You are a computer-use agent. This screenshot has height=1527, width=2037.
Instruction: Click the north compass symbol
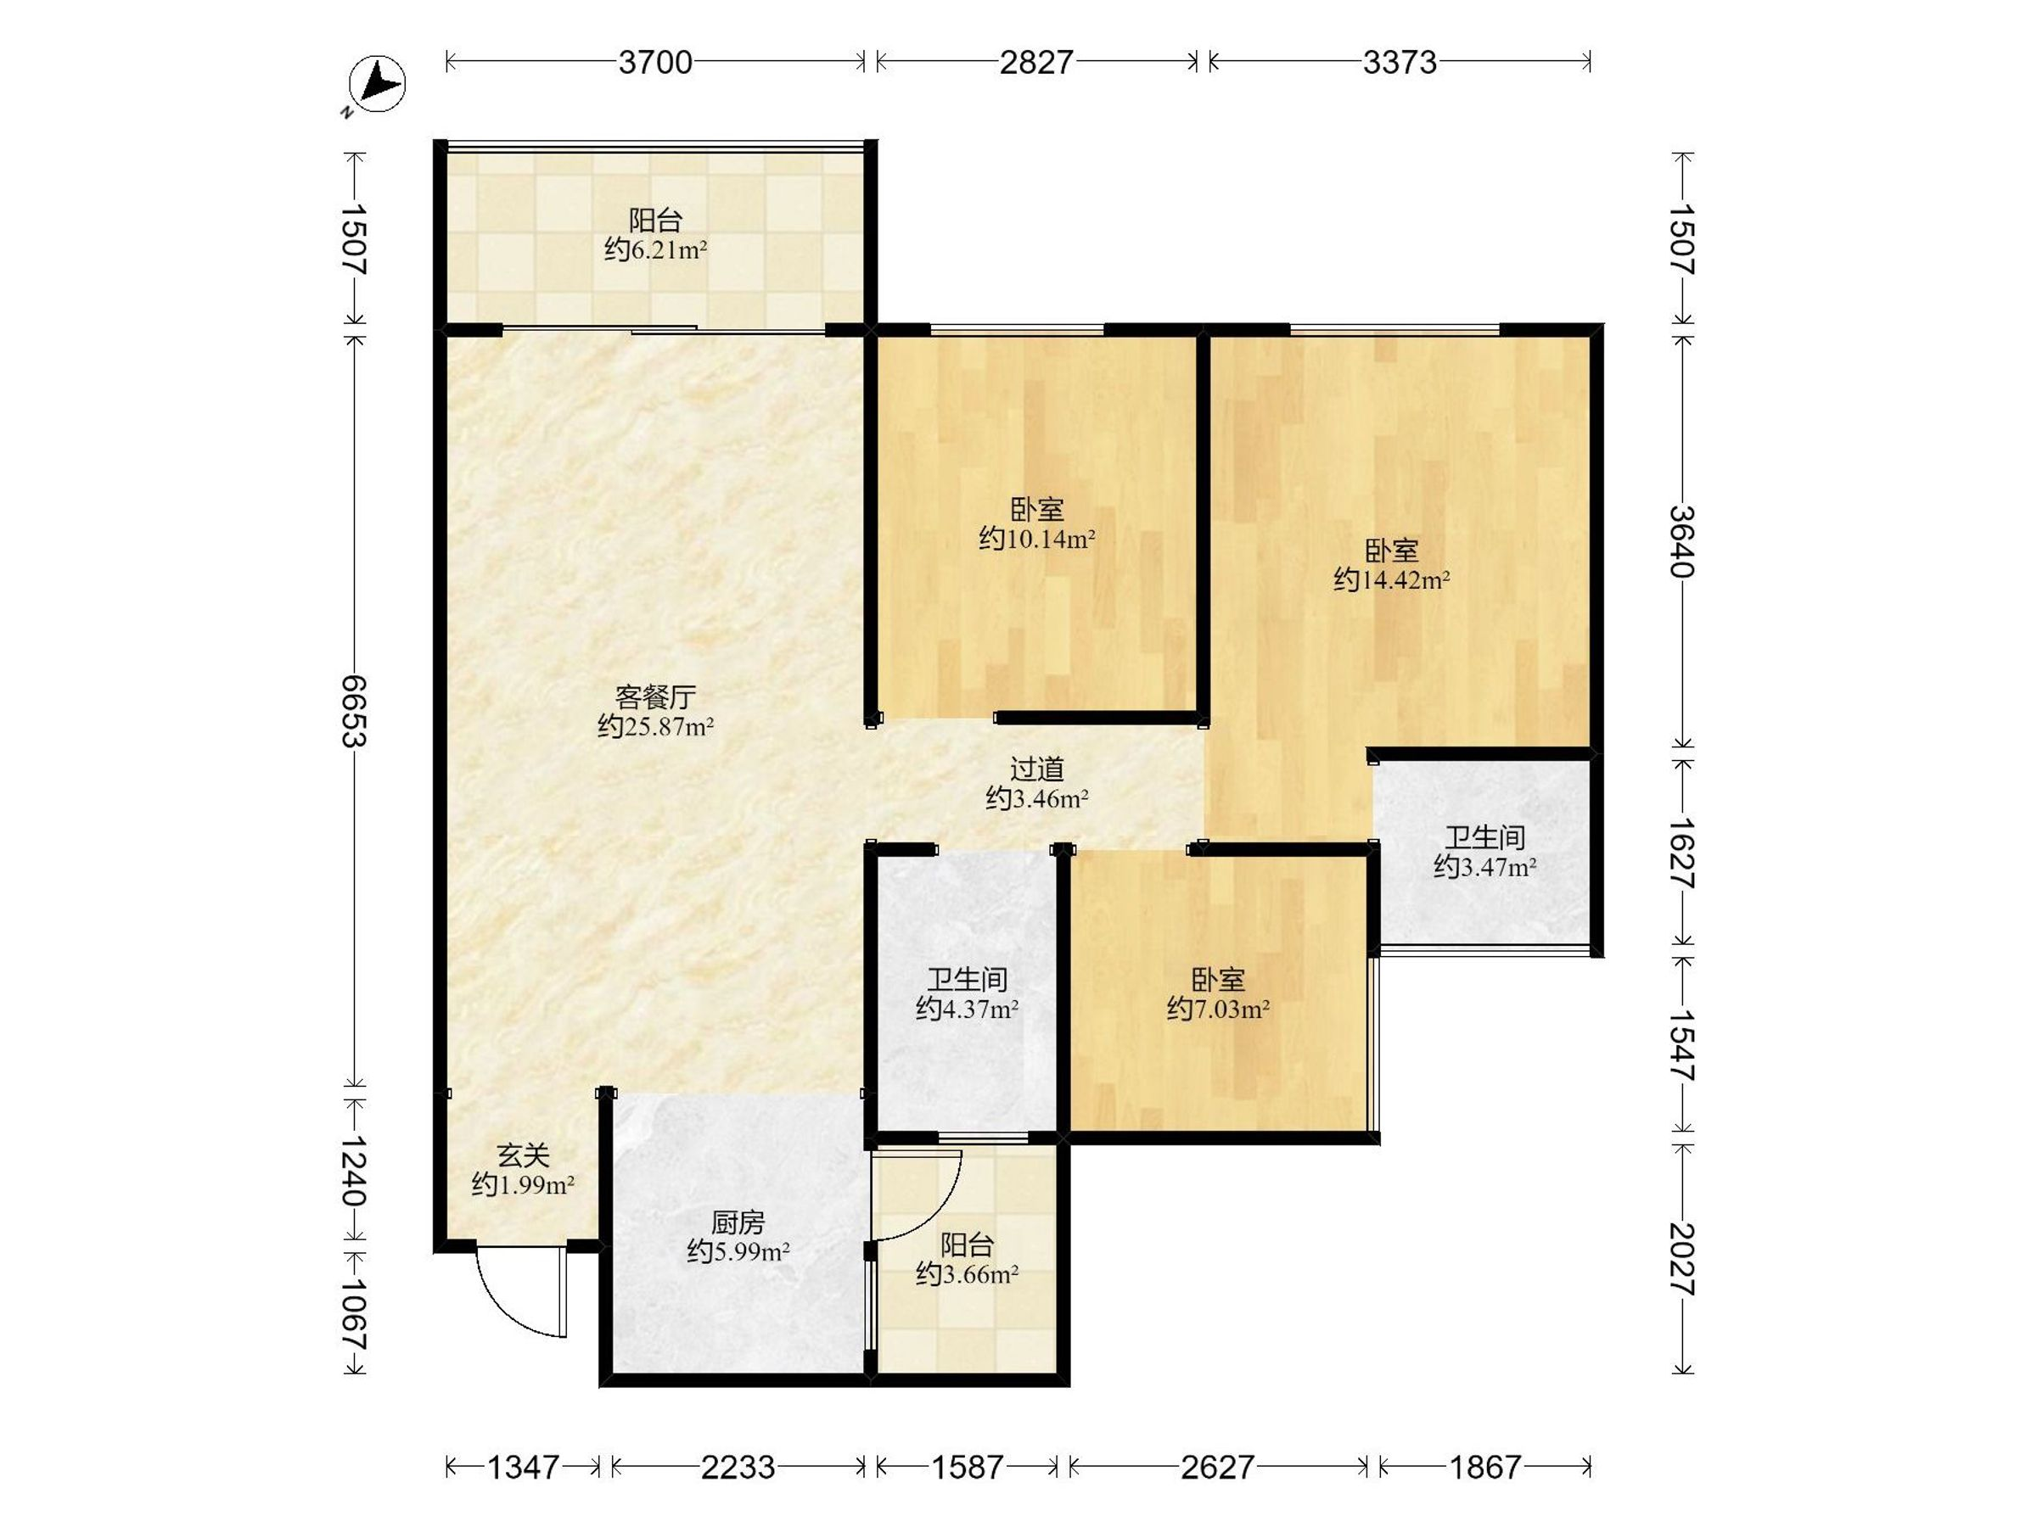click(x=378, y=85)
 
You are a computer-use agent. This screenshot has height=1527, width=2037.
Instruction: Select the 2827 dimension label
click(x=1036, y=63)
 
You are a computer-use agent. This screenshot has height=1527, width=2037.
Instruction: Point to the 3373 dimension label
click(x=1399, y=63)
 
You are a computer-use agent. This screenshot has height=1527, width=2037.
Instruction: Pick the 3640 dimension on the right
click(x=1681, y=541)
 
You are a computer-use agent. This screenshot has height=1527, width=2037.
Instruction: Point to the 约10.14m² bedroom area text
click(x=1036, y=539)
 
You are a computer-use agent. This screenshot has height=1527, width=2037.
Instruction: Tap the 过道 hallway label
click(x=1037, y=769)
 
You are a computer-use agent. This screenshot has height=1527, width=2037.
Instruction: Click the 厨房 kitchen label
click(x=738, y=1222)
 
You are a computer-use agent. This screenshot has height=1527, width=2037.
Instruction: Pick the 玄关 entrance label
click(x=523, y=1155)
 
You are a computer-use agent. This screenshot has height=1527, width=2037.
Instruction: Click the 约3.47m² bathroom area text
click(x=1484, y=867)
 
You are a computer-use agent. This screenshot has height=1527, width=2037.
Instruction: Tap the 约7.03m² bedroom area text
click(x=1217, y=1010)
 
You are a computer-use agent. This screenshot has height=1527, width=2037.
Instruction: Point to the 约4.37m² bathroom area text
click(x=967, y=1010)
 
